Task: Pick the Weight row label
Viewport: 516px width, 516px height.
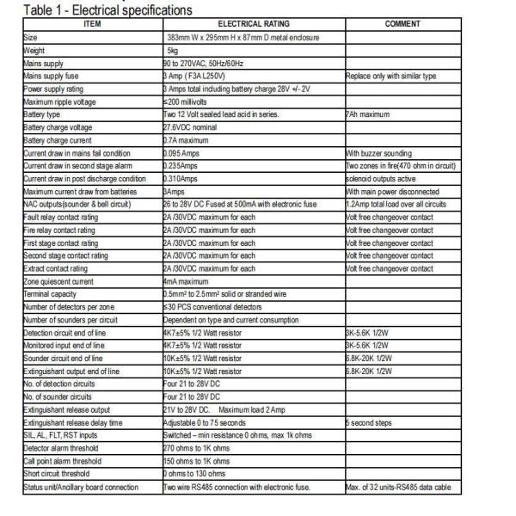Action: [34, 51]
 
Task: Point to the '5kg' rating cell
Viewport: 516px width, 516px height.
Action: [172, 51]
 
